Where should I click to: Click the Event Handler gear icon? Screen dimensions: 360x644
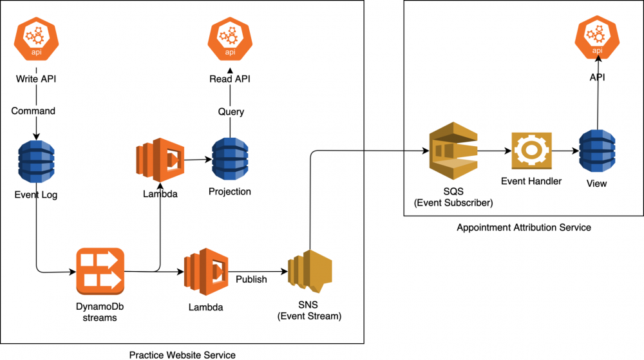(531, 153)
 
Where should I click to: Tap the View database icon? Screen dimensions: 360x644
(598, 153)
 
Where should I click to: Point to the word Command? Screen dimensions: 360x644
(33, 111)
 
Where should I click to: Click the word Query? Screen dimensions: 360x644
(231, 111)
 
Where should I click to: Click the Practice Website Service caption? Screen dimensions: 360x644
(182, 355)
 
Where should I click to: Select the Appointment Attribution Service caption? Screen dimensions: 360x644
(524, 227)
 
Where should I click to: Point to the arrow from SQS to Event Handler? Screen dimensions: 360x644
(494, 153)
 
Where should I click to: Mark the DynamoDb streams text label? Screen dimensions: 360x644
(99, 312)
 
